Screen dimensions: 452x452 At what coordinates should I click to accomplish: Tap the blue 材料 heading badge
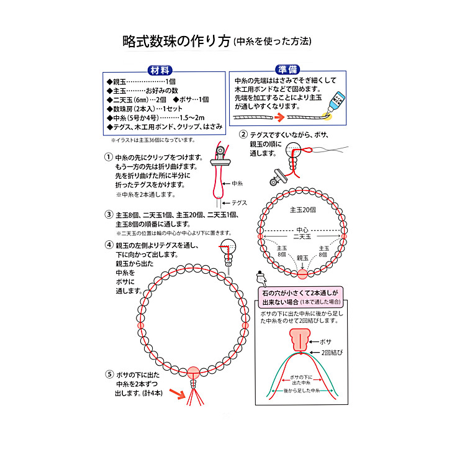160,70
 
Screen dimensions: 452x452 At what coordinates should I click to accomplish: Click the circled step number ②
244,135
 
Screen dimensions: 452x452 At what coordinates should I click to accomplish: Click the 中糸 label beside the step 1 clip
237,184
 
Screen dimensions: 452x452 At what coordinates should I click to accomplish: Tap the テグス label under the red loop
240,203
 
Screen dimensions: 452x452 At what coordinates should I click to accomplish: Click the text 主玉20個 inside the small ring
302,209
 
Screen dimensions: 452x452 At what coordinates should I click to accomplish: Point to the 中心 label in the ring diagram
302,228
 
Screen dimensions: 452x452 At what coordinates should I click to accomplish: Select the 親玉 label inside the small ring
302,257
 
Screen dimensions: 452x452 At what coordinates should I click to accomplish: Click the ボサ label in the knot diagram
326,342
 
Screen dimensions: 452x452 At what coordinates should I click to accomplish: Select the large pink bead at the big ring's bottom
194,372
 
